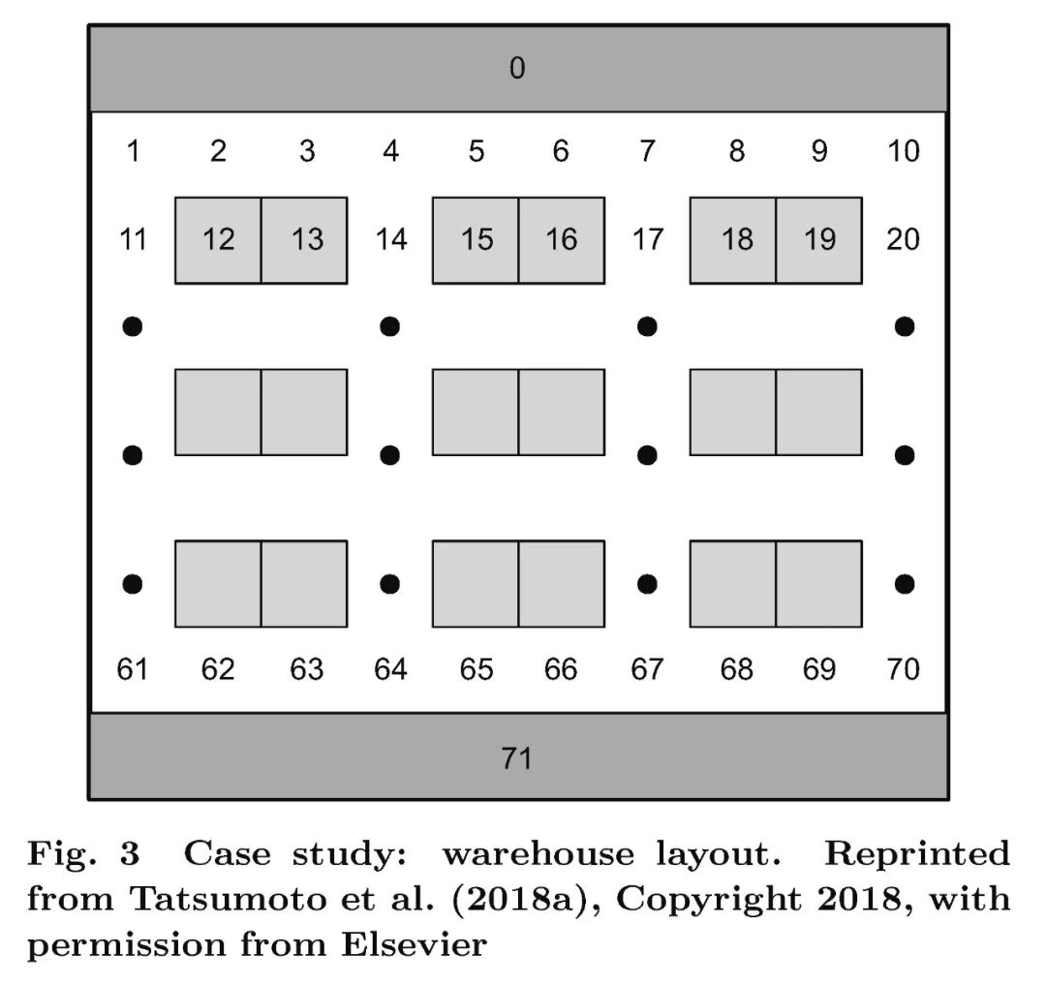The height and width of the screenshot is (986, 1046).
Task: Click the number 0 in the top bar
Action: (x=517, y=69)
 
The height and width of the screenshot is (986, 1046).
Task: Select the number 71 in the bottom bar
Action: (x=517, y=757)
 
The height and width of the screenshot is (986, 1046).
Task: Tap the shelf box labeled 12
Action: (x=218, y=240)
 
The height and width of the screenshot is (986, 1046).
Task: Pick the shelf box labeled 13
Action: (x=304, y=240)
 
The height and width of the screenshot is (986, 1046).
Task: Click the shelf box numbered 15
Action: (x=476, y=240)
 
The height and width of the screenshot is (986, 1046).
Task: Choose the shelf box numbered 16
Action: (x=562, y=240)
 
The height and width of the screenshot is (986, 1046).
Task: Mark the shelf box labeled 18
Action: (x=733, y=240)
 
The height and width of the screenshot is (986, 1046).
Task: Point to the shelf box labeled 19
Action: (x=819, y=240)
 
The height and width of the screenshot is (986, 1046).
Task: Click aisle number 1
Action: (x=133, y=151)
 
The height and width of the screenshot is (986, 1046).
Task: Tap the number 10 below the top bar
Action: (x=903, y=151)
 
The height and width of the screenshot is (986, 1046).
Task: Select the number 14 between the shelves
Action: (x=390, y=239)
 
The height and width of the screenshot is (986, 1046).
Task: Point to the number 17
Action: (x=647, y=239)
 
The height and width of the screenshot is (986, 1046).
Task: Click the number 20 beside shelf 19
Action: (x=903, y=239)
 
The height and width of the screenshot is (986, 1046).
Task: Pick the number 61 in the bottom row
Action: (x=133, y=669)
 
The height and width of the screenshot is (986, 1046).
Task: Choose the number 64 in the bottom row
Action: (x=390, y=669)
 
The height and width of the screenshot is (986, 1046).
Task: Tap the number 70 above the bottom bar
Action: (x=903, y=669)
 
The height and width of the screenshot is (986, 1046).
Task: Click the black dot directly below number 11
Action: (x=133, y=326)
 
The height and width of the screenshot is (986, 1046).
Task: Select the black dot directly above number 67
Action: (x=647, y=584)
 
